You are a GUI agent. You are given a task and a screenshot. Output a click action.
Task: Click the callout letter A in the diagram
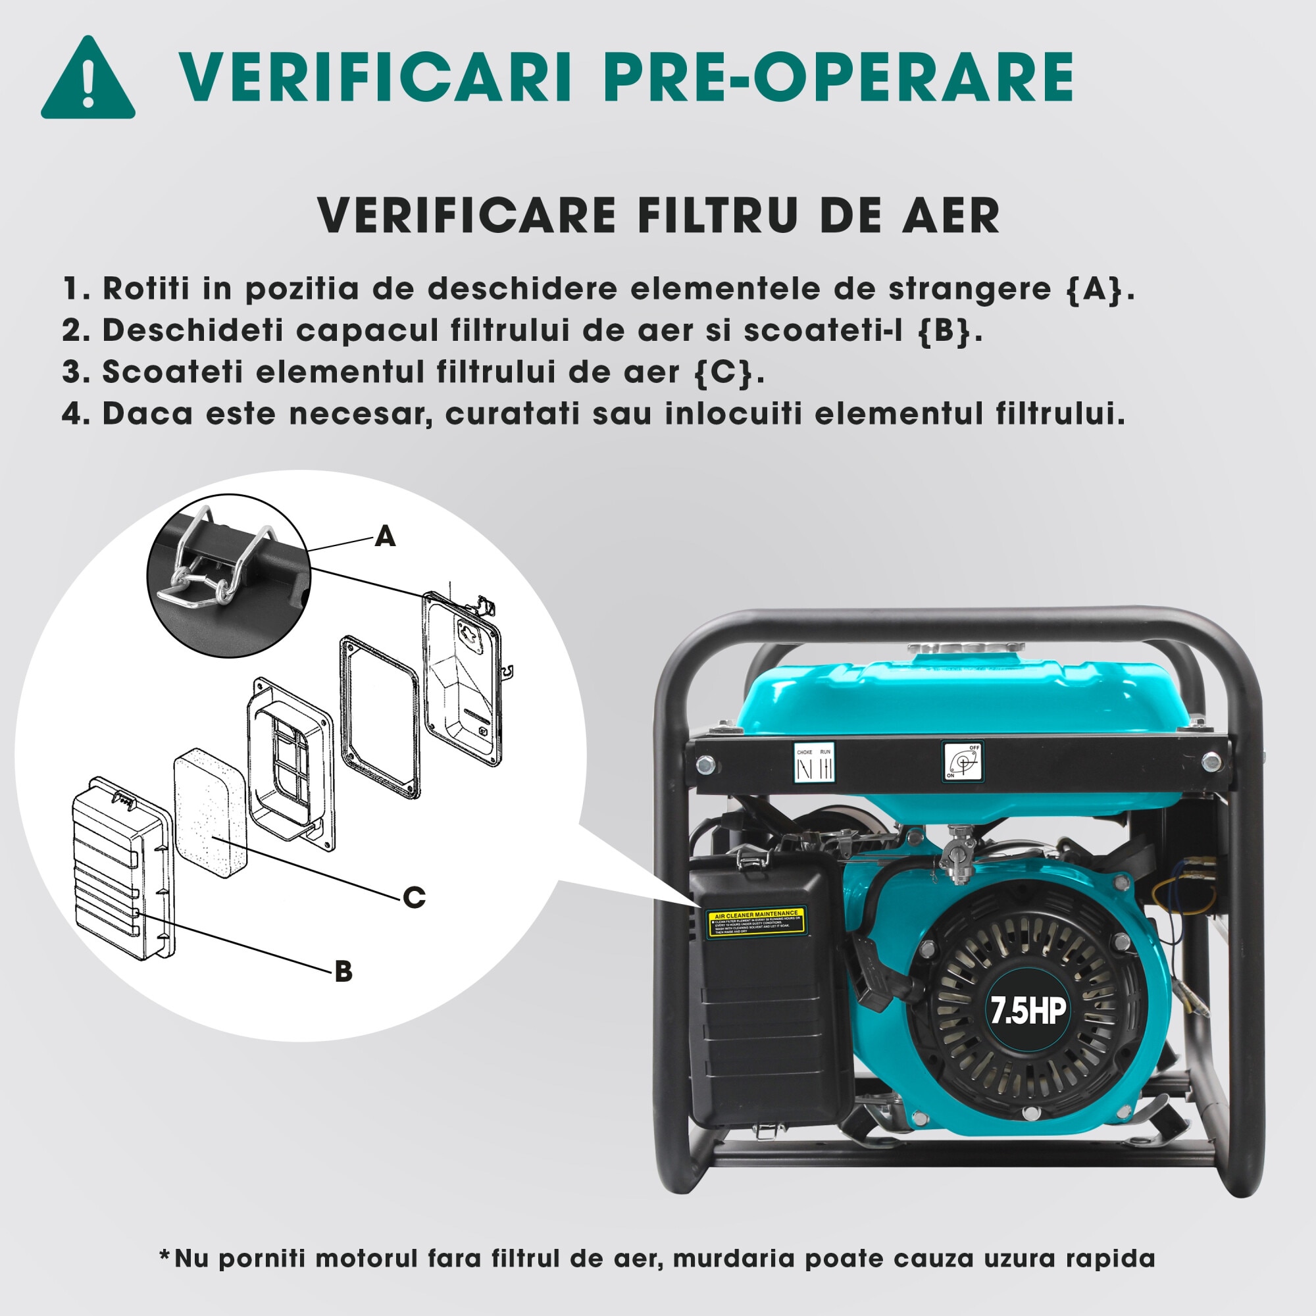point(386,537)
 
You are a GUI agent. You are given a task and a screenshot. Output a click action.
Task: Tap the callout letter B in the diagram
point(344,971)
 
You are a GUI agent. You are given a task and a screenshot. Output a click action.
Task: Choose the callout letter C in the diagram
point(414,898)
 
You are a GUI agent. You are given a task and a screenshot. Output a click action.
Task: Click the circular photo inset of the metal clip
point(229,576)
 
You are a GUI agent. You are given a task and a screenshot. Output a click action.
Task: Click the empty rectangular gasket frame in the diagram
point(379,716)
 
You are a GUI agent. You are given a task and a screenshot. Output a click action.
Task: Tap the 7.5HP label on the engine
point(1028,1011)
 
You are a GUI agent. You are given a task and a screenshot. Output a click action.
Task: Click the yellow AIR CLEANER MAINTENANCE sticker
point(755,923)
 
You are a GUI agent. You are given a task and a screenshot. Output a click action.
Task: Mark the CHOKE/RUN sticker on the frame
point(815,763)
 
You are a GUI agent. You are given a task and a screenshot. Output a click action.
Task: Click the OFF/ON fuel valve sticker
point(963,761)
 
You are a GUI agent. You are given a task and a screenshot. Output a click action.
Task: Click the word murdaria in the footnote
point(736,1259)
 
